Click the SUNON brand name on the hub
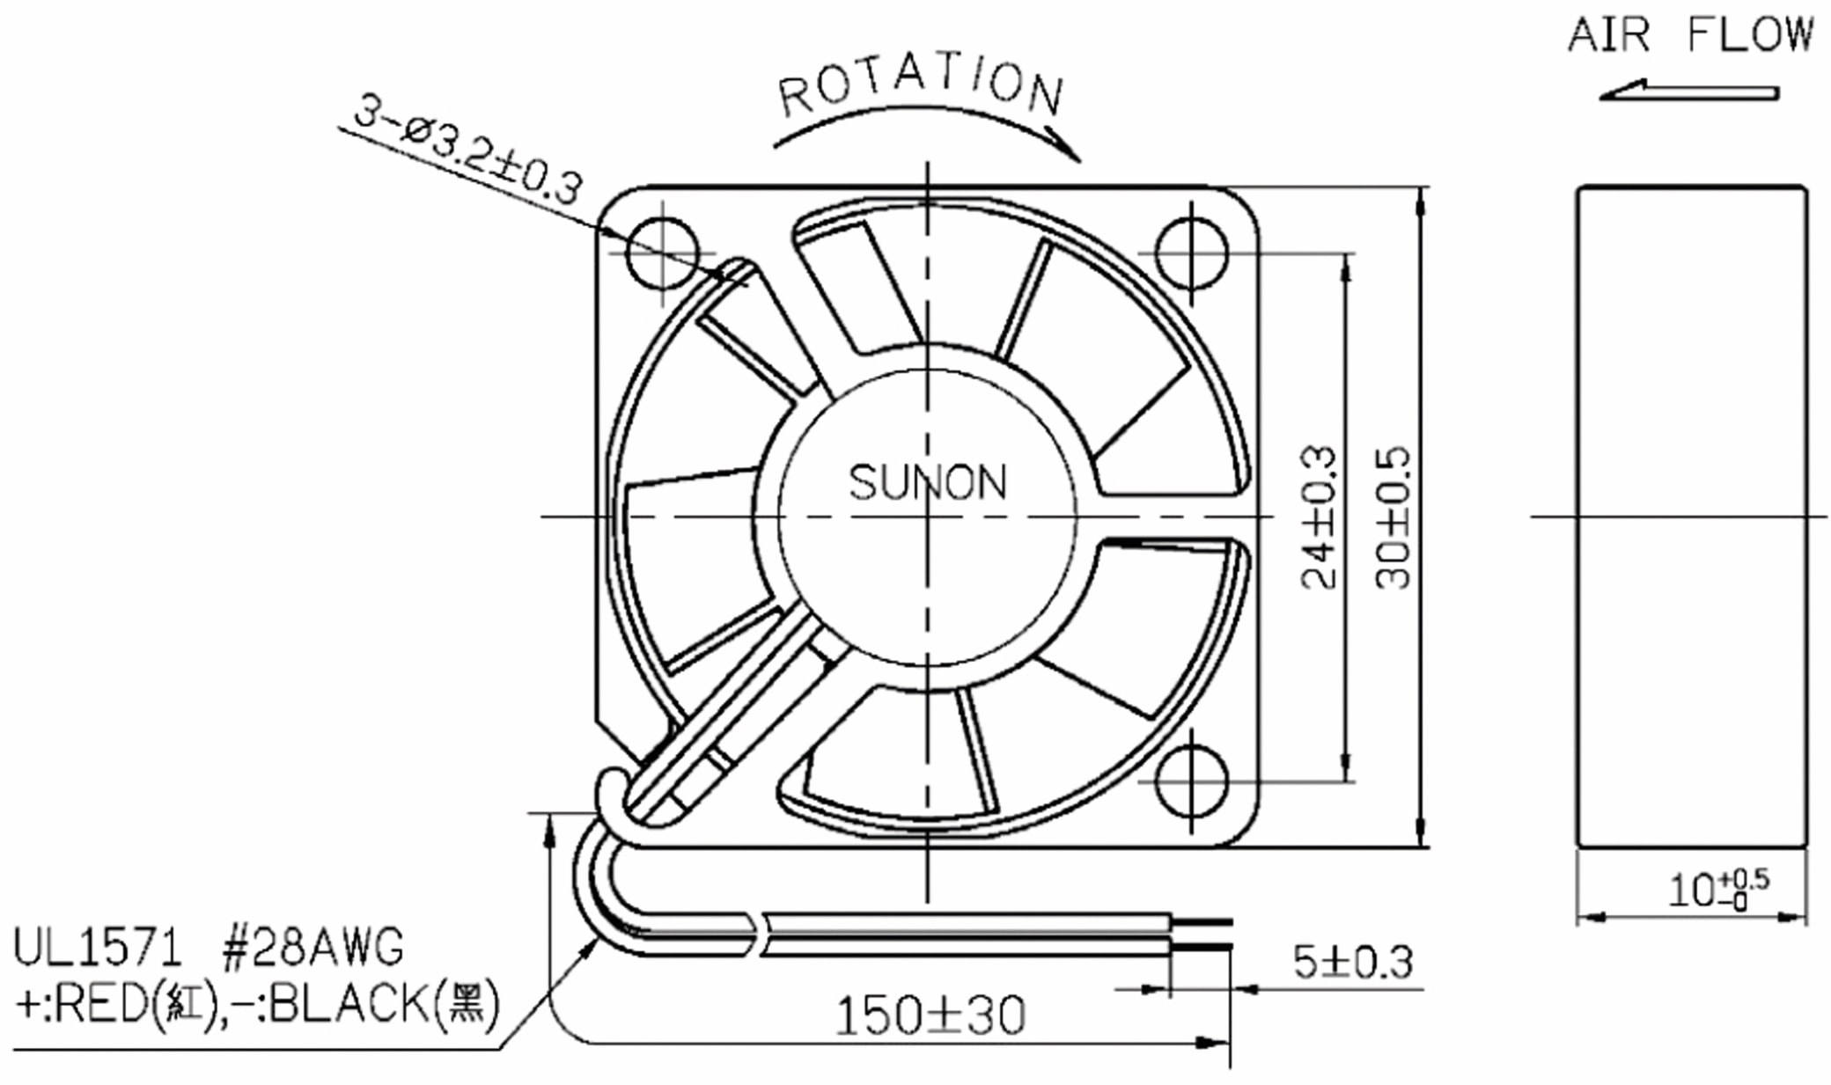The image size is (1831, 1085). click(x=927, y=482)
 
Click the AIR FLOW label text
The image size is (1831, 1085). click(x=1690, y=35)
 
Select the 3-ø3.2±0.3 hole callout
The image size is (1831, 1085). click(x=467, y=150)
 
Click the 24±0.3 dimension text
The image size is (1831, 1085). click(x=1320, y=517)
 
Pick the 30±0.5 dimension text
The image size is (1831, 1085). click(x=1393, y=517)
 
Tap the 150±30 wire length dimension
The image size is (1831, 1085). click(x=930, y=1015)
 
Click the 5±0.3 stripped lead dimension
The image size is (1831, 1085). click(x=1352, y=962)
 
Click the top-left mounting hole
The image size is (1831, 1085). click(x=663, y=253)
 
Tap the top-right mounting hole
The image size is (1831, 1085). click(x=1191, y=253)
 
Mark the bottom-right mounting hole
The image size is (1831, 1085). click(x=1191, y=781)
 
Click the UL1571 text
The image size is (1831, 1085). click(x=97, y=949)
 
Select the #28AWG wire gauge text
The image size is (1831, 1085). click(x=313, y=949)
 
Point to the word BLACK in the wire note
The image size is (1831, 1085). click(x=349, y=1004)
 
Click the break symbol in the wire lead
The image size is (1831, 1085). click(x=760, y=935)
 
